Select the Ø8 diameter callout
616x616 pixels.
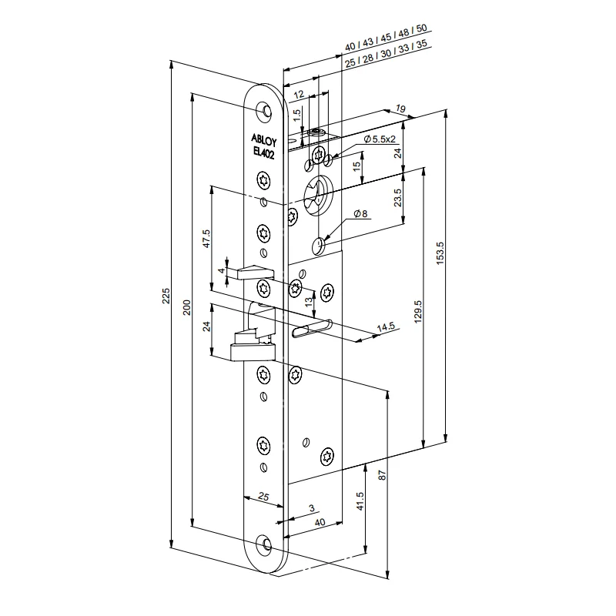point(361,213)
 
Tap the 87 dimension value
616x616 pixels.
point(383,475)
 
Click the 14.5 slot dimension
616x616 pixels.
point(385,327)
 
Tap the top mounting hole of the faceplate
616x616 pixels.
point(266,112)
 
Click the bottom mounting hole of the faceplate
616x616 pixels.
point(266,544)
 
